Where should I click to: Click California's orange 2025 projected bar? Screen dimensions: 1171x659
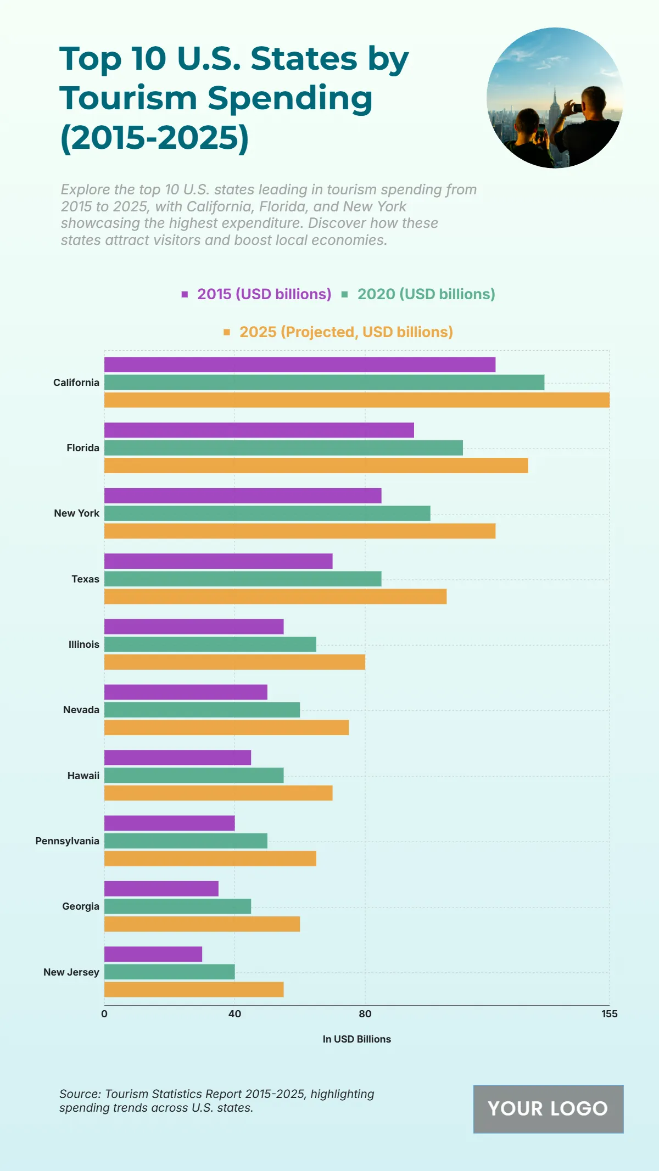point(357,400)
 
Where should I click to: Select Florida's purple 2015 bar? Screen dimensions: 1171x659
point(259,430)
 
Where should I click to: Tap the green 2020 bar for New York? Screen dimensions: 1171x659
point(267,513)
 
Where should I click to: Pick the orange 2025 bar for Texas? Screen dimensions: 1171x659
point(275,596)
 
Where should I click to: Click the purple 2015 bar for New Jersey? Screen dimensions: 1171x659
point(153,954)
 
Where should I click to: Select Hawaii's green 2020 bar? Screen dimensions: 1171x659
point(194,775)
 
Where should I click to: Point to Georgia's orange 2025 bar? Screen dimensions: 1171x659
point(202,924)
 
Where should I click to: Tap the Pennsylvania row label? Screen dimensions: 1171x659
point(67,841)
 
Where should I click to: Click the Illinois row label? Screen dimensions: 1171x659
point(83,645)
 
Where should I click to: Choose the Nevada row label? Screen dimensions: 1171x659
point(81,710)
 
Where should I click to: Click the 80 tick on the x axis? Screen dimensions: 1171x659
point(365,1014)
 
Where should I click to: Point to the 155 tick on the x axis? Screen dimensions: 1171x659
point(609,1014)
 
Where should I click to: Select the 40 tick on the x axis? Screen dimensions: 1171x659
point(234,1014)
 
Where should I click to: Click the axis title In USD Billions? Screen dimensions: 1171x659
point(356,1039)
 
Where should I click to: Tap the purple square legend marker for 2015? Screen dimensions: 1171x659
point(185,294)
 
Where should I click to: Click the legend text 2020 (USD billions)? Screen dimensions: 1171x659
point(426,294)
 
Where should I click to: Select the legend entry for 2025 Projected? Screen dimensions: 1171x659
point(346,332)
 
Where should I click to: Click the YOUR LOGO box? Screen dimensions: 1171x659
point(548,1109)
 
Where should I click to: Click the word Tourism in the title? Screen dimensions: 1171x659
point(128,99)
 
